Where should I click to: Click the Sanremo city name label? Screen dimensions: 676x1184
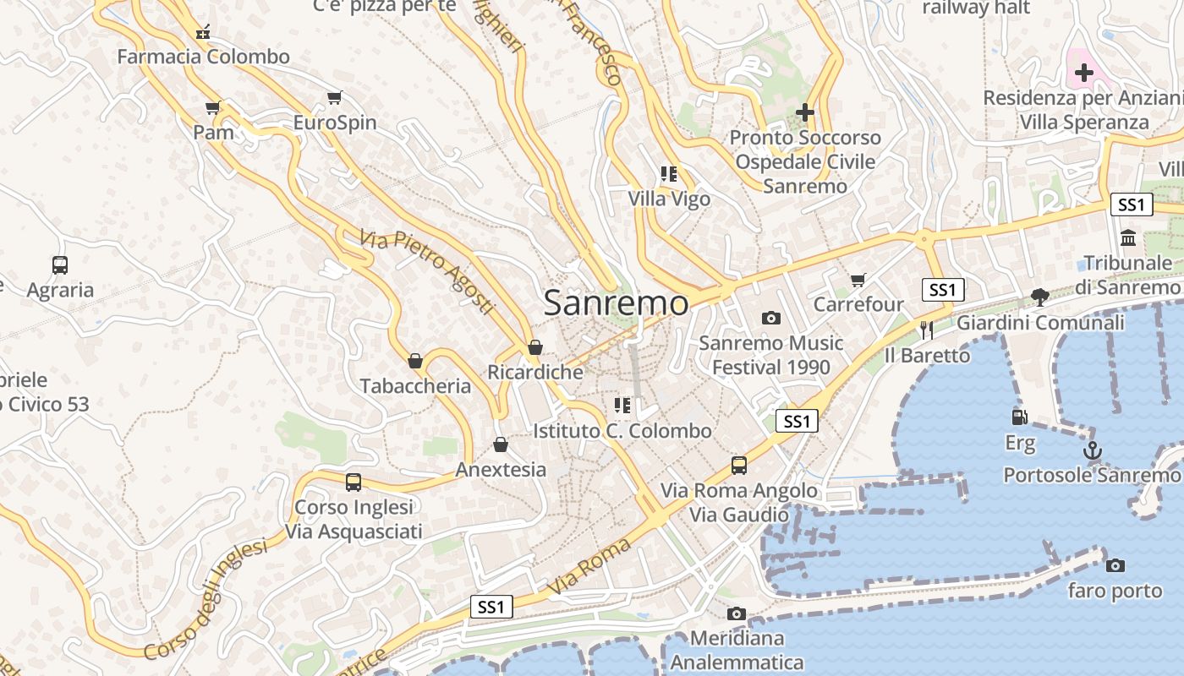pyautogui.click(x=616, y=303)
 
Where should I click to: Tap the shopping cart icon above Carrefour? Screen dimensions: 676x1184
pyautogui.click(x=858, y=280)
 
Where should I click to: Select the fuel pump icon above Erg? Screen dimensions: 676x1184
pyautogui.click(x=1020, y=417)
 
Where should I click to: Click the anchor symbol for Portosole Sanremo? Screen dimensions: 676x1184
pyautogui.click(x=1094, y=450)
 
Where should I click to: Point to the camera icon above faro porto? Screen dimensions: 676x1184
pyautogui.click(x=1115, y=565)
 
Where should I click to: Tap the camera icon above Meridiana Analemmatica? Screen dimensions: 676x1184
pyautogui.click(x=737, y=613)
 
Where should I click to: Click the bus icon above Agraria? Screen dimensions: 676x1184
pyautogui.click(x=60, y=265)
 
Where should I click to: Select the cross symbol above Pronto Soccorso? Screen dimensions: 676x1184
pyautogui.click(x=805, y=112)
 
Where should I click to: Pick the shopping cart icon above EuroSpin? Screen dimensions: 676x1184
pyautogui.click(x=335, y=98)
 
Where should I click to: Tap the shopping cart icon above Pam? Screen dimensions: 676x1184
pyautogui.click(x=213, y=107)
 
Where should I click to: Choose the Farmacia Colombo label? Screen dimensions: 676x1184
pyautogui.click(x=203, y=57)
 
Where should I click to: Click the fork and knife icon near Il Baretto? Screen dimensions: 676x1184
pyautogui.click(x=927, y=330)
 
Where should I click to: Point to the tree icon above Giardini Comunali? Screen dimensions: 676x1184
pyautogui.click(x=1040, y=297)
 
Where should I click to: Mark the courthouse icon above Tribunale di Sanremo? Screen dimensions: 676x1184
pyautogui.click(x=1128, y=238)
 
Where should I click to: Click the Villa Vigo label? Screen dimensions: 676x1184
pyautogui.click(x=669, y=199)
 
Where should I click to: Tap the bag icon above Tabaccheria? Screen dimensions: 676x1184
pyautogui.click(x=415, y=361)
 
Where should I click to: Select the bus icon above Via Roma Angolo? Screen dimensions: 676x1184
pyautogui.click(x=739, y=465)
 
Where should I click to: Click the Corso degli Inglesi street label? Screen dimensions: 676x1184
pyautogui.click(x=206, y=598)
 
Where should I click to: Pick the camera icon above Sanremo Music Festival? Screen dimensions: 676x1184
pyautogui.click(x=770, y=318)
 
